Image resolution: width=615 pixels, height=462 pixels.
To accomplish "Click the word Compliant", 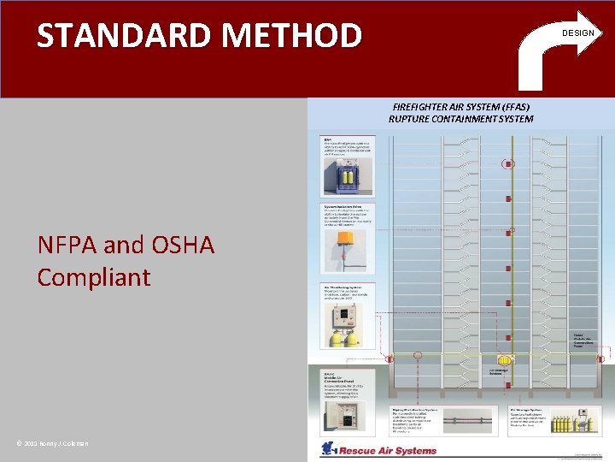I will [94, 277].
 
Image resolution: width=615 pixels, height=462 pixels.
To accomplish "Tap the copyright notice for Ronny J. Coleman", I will [51, 443].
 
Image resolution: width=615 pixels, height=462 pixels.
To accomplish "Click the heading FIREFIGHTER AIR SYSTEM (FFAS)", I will [461, 106].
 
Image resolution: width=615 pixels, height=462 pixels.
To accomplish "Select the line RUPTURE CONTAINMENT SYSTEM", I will [461, 118].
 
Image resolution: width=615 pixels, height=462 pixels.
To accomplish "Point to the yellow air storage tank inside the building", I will [503, 360].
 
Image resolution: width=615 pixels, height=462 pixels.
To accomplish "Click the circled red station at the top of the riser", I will [508, 163].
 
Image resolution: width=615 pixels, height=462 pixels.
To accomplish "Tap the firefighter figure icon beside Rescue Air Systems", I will [327, 449].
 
